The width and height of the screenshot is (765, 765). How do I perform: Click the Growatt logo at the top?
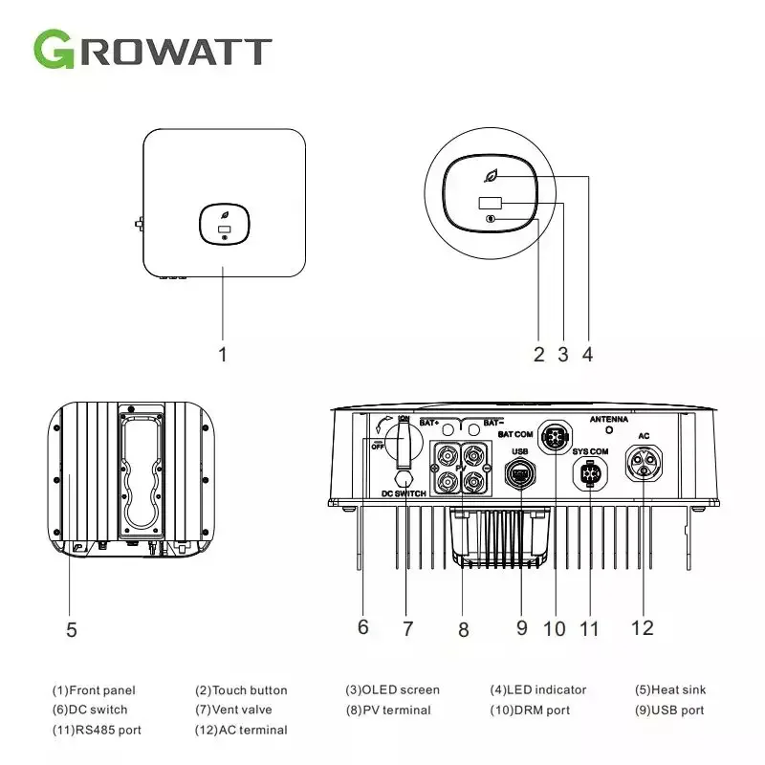click(x=153, y=49)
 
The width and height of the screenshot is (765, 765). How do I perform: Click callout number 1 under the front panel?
click(x=223, y=354)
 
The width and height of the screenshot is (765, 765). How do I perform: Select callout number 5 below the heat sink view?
click(x=72, y=629)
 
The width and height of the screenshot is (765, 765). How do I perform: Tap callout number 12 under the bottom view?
click(x=642, y=627)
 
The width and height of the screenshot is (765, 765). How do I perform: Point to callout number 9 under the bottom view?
click(x=522, y=628)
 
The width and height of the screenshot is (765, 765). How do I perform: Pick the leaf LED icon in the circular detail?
click(x=492, y=177)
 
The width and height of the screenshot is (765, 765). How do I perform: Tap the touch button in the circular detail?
click(x=491, y=219)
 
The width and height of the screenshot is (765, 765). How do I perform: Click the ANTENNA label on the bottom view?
click(x=608, y=420)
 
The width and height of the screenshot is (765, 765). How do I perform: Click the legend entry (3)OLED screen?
click(x=393, y=689)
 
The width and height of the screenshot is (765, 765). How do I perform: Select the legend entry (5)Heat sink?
click(x=670, y=689)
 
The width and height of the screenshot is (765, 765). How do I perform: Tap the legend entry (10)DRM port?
click(x=531, y=710)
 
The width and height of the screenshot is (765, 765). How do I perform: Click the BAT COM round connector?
click(x=556, y=436)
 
